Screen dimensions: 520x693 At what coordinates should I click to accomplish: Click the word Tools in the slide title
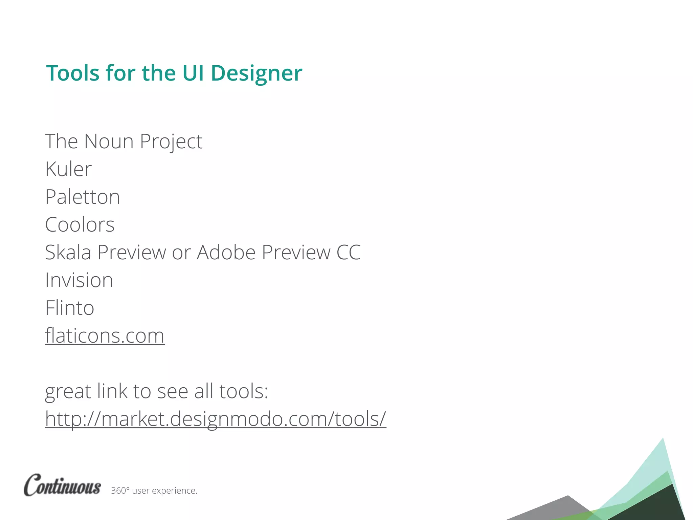pos(73,73)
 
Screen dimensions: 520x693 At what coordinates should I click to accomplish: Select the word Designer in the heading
pos(256,73)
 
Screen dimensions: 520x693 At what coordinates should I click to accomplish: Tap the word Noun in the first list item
pos(109,141)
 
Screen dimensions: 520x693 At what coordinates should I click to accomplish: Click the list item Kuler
pos(68,169)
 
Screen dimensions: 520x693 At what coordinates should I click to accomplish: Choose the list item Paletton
pos(83,197)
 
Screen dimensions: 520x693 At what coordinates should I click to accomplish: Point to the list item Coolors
pos(80,224)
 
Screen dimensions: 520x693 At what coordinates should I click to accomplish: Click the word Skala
pos(68,252)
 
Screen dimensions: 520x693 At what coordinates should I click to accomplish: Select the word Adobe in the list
pos(226,252)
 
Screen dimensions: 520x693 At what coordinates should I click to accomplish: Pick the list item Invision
pos(79,280)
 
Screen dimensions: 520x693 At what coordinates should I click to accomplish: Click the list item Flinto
pos(70,308)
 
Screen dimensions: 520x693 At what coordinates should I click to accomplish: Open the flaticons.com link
pos(105,336)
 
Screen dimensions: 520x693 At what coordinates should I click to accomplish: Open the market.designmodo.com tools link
pos(216,419)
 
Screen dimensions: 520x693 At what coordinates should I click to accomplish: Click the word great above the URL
pos(68,392)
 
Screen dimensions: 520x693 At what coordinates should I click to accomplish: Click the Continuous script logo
pos(62,485)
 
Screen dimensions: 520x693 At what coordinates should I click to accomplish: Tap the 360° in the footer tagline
pos(120,491)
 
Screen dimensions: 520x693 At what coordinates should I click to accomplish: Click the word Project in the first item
pos(171,141)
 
